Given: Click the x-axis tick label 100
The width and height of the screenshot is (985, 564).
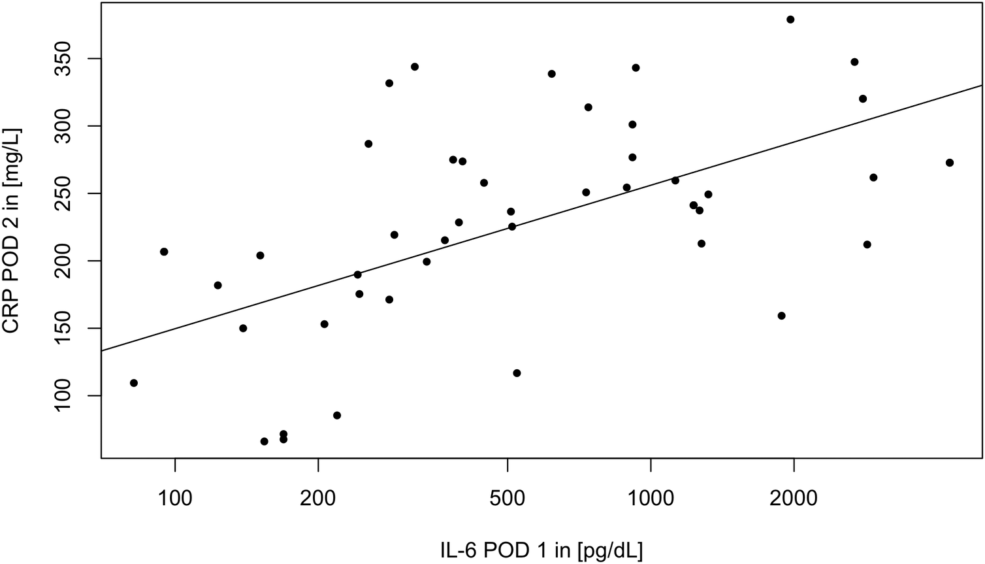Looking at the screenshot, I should point(175,498).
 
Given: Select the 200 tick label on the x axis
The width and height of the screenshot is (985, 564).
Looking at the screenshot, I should point(318,498).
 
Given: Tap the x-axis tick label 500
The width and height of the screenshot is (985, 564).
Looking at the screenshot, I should point(508,498).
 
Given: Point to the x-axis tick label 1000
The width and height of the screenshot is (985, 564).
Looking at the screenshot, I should point(651,498).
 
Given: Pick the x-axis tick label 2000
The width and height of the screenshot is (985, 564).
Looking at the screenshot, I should point(794,498).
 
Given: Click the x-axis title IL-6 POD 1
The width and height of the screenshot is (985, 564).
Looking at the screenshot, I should point(541,550).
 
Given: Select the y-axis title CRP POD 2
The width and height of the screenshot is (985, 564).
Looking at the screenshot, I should point(13,231).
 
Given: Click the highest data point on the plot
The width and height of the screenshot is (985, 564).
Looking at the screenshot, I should point(790,20).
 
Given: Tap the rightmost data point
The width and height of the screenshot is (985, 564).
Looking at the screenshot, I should point(950,163).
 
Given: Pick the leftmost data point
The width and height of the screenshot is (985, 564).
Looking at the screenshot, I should point(134,383).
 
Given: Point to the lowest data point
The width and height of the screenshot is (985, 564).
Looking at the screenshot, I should point(264,442).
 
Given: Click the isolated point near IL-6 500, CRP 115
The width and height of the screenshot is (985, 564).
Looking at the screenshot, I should point(517,373).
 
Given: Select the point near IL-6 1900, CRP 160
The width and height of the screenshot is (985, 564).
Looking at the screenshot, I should point(781,316).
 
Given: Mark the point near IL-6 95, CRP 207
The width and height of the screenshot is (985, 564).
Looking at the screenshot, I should point(164,252).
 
